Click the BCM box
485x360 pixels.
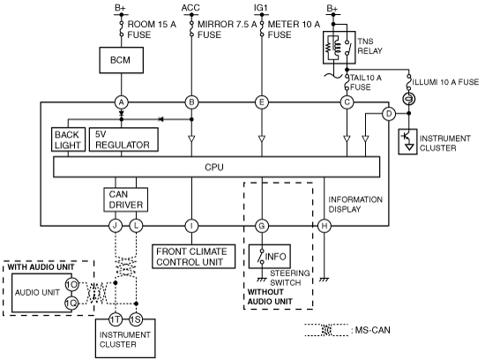tap(122, 60)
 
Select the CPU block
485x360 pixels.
tap(217, 167)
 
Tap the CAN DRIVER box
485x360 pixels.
tap(125, 199)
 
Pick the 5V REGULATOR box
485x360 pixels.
tap(123, 139)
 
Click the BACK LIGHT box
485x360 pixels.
tap(69, 139)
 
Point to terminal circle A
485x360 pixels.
tap(122, 102)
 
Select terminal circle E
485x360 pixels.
tap(262, 102)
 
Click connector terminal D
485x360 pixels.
tap(389, 114)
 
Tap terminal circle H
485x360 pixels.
tap(325, 226)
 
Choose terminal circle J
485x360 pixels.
tap(115, 226)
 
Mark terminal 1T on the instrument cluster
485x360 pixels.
tap(115, 319)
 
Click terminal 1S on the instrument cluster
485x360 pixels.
tap(136, 319)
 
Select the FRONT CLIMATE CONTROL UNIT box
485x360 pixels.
tap(193, 257)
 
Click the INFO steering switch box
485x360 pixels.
tap(270, 257)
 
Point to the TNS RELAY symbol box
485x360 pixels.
tap(339, 48)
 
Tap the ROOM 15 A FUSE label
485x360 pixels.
tap(152, 29)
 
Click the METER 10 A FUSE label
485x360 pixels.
tap(294, 29)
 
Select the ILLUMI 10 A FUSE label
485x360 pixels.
tap(445, 82)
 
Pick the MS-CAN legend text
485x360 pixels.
tap(372, 330)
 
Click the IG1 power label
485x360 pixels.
tap(261, 8)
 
